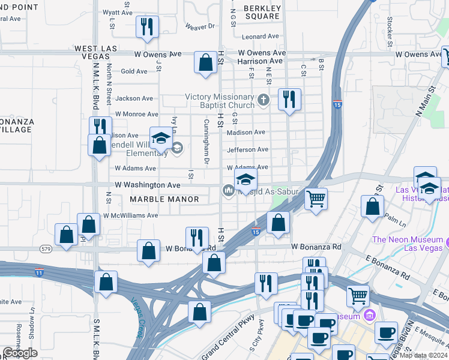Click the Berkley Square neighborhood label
tap(262, 12)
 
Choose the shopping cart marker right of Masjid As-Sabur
tap(316, 199)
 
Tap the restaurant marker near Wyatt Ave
tap(147, 26)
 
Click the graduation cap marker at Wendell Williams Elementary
tap(160, 139)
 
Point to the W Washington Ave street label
tap(148, 185)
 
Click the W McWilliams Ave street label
tap(130, 215)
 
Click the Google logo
tap(20, 353)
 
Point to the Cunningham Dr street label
tap(206, 142)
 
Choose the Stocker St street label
tap(390, 31)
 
